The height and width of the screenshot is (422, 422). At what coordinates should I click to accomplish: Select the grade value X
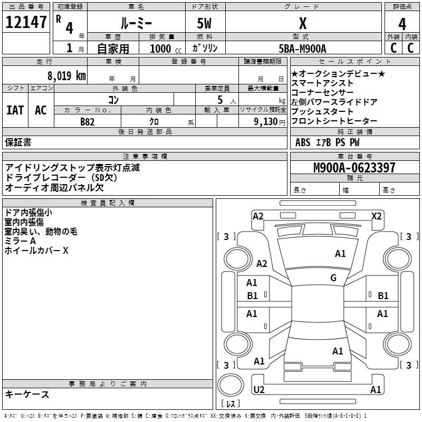[302, 24]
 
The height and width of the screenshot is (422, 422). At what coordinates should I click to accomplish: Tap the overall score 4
[402, 24]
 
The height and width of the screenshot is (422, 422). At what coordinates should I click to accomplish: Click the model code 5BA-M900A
[302, 49]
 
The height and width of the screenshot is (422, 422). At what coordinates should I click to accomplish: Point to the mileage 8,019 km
[66, 75]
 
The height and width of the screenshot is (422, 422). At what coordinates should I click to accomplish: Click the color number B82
[88, 121]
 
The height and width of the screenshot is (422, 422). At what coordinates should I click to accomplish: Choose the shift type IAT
[15, 110]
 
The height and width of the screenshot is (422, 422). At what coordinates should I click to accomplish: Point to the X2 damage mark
[376, 216]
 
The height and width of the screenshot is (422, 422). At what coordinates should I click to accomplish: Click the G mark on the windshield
[333, 278]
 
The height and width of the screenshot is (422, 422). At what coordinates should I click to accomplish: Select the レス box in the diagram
[231, 404]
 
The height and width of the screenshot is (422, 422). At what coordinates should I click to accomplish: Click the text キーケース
[27, 394]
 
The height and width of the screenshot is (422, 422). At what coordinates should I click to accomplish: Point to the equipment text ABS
[303, 142]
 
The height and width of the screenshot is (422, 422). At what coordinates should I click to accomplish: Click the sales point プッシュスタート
[322, 112]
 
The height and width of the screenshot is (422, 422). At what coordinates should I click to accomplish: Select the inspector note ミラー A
[20, 241]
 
